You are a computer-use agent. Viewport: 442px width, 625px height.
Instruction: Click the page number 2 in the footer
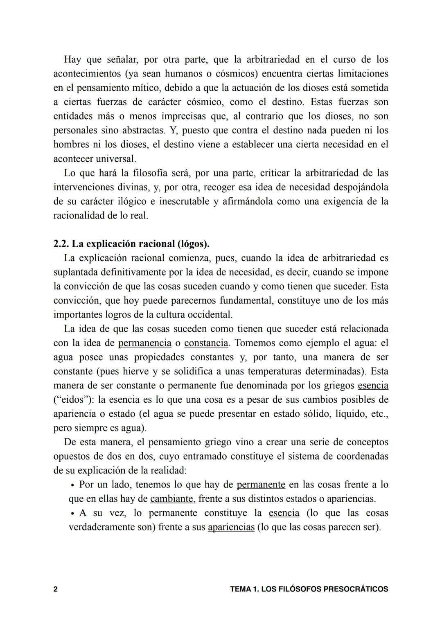55,589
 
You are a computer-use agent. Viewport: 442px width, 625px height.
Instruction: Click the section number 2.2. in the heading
61,244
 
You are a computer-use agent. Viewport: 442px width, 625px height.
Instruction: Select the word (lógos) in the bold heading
194,244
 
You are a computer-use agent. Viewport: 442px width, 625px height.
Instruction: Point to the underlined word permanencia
144,343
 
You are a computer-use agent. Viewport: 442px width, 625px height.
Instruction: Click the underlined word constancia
206,343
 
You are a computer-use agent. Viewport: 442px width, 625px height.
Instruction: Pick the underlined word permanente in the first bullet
261,485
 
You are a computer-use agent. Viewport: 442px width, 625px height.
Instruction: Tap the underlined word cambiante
171,499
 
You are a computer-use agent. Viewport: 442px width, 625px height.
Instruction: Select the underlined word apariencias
231,527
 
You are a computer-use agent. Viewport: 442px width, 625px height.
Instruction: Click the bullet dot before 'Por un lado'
72,485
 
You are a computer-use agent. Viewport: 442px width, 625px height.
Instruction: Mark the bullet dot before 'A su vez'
72,514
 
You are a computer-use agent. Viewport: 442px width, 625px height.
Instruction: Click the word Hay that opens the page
72,59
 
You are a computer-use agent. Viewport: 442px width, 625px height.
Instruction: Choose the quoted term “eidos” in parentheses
72,399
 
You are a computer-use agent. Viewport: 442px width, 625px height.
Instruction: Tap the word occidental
210,315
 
